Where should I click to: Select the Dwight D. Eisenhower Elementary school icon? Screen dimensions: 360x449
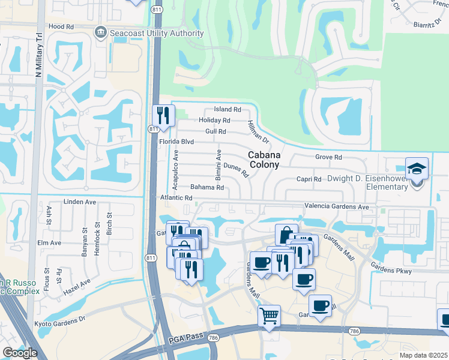coord(417,169)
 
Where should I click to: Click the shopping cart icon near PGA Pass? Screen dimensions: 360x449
coord(270,316)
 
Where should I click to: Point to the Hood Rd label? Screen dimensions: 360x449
coord(61,27)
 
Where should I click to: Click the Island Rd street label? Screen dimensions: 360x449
coord(228,110)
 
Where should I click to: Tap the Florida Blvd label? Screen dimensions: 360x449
coord(176,141)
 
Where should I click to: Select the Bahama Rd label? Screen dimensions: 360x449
coord(207,187)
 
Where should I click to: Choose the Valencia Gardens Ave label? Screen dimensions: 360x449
coord(337,206)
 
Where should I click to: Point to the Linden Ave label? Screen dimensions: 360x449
coord(79,202)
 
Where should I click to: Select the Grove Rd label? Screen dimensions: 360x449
coord(328,157)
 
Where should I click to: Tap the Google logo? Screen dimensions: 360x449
coord(20,353)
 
